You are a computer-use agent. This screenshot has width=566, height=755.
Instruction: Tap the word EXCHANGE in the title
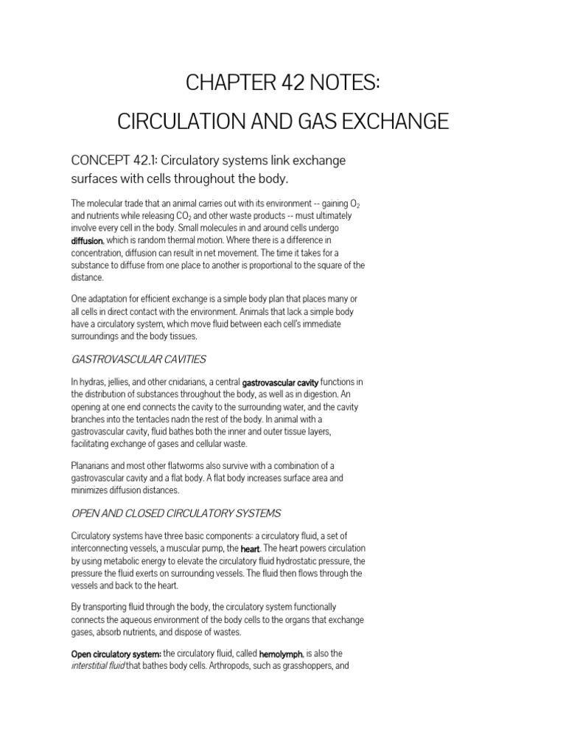point(395,121)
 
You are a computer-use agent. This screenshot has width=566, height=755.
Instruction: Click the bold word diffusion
point(87,240)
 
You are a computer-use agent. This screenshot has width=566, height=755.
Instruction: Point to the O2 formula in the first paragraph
point(351,204)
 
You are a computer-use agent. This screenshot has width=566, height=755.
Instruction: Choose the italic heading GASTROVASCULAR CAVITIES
point(138,359)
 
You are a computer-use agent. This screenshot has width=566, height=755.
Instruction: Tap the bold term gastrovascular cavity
point(280,382)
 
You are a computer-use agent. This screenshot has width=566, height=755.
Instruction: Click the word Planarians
point(93,465)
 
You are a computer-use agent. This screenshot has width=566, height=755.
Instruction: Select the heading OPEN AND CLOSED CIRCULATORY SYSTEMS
point(175,513)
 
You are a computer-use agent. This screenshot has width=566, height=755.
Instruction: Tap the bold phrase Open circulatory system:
point(116,654)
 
